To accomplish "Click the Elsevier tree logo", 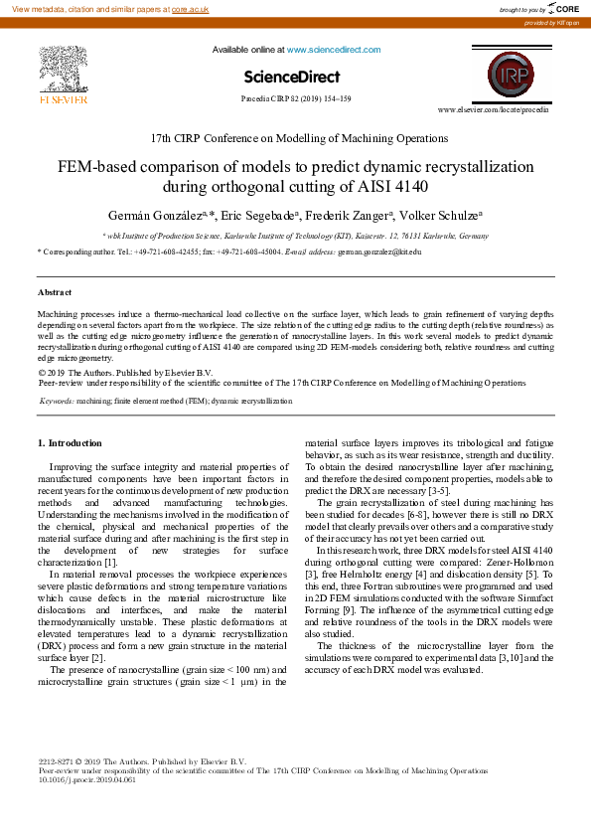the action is point(64,70).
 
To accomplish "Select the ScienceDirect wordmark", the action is point(292,77).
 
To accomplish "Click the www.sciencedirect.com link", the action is point(334,50).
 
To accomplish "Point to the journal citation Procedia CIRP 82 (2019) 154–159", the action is point(295,99).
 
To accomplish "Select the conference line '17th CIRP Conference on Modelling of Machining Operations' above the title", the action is point(298,138).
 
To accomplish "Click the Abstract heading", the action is point(55,292).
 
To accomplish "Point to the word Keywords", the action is point(56,401).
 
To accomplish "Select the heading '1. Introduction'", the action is point(70,442).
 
